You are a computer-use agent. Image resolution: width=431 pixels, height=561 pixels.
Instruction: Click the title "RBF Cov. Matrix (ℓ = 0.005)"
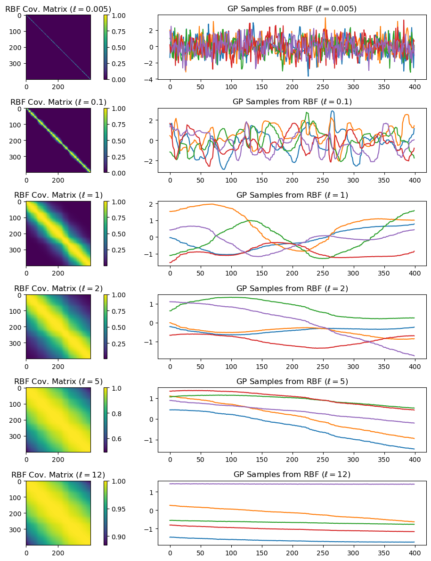[x=58, y=9]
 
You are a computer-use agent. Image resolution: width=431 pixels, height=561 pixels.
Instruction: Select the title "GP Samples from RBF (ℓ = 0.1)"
[x=292, y=102]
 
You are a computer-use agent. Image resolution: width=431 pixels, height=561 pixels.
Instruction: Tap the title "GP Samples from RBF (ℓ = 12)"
[x=292, y=475]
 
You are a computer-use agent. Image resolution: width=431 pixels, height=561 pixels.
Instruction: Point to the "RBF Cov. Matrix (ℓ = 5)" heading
[x=58, y=382]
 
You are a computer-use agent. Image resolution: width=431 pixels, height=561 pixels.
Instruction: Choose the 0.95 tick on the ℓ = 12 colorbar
[x=119, y=509]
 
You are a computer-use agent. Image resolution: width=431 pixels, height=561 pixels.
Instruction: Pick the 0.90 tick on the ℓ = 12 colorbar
[x=119, y=537]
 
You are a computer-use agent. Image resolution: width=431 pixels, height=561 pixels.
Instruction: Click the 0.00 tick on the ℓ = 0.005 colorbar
[x=119, y=79]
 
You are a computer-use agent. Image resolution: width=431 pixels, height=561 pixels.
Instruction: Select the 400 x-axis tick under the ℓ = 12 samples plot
[x=415, y=553]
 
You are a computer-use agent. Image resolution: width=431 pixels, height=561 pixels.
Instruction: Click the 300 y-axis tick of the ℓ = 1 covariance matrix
[x=16, y=250]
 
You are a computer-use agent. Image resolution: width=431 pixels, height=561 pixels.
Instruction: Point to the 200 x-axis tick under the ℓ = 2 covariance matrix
[x=58, y=367]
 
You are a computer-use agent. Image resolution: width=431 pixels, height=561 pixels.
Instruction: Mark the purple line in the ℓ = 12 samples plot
[x=292, y=484]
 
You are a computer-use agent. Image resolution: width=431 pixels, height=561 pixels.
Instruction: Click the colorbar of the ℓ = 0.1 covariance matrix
[x=106, y=141]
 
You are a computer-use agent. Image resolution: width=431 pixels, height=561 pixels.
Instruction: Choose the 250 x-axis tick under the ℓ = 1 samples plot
[x=323, y=273]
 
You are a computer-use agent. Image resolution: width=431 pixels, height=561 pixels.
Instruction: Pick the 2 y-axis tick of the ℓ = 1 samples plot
[x=151, y=204]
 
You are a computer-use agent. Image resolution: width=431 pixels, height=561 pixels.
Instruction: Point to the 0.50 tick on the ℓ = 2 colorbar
[x=119, y=327]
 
